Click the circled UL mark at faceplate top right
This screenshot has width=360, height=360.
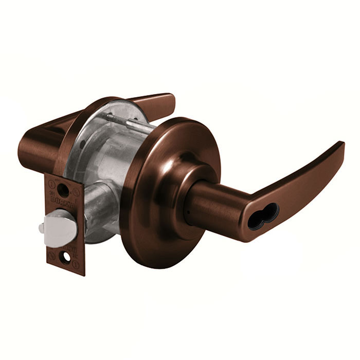(76, 192)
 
